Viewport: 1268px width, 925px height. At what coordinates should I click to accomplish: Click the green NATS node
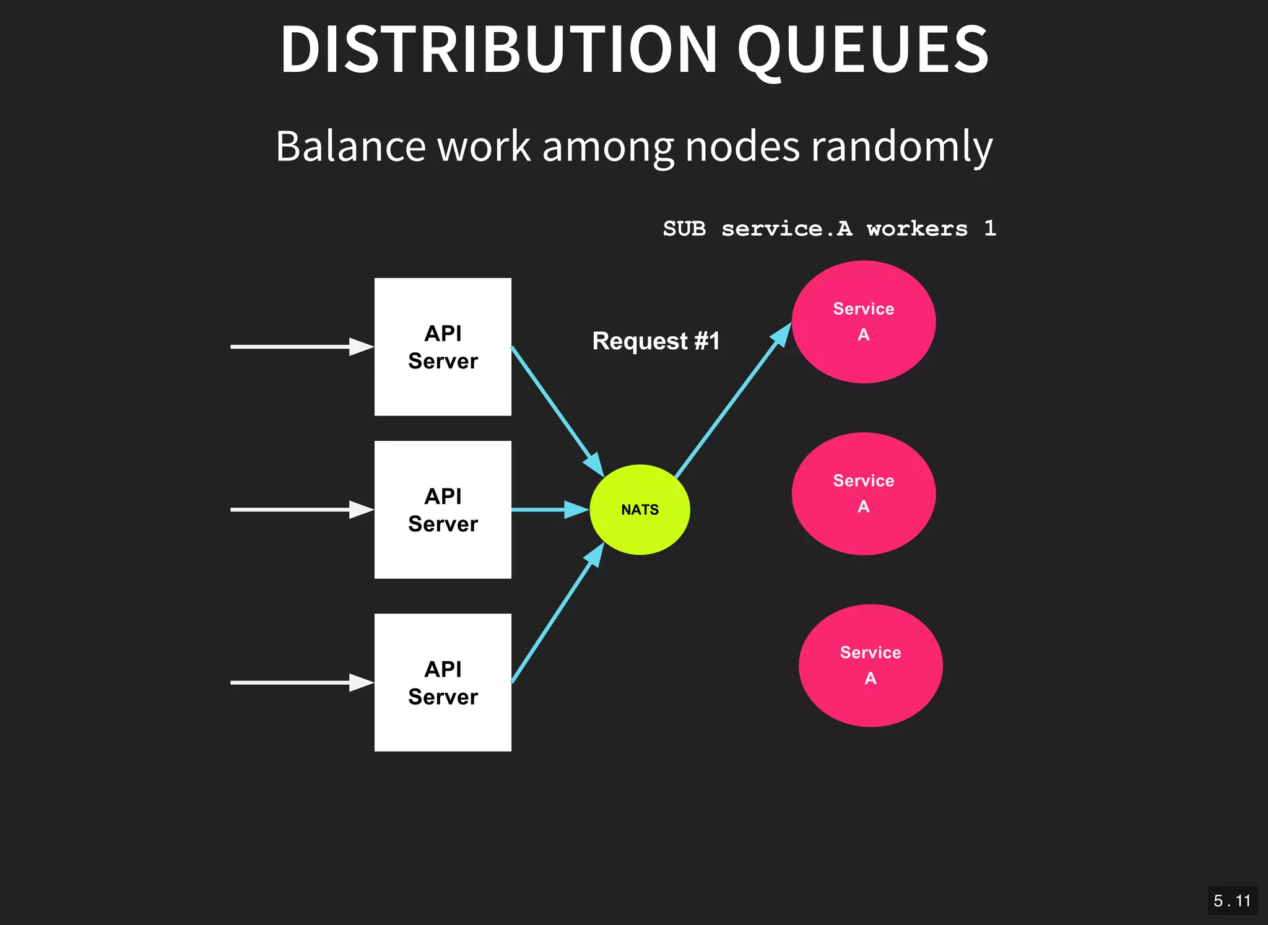point(640,510)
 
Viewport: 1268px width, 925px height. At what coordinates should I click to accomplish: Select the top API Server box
point(443,347)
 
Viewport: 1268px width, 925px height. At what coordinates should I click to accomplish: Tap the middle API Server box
point(443,510)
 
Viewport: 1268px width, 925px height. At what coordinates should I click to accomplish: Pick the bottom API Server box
point(443,682)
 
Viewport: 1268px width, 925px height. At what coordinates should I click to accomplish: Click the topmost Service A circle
point(863,322)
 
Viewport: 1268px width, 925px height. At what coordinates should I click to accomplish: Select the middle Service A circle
point(863,493)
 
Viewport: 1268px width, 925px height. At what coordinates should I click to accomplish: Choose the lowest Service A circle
point(870,666)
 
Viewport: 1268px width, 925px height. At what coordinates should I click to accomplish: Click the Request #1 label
point(656,341)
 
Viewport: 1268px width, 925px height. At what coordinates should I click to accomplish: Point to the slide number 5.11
point(1232,901)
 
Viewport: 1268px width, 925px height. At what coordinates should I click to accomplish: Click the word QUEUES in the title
point(863,50)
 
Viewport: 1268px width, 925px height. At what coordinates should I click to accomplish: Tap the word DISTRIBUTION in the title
point(498,50)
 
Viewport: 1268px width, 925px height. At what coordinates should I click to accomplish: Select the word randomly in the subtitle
point(901,147)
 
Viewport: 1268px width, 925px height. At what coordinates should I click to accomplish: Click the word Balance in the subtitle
point(351,147)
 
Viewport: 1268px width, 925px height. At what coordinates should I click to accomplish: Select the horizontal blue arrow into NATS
point(548,510)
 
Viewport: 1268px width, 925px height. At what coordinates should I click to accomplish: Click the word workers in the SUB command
point(917,229)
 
